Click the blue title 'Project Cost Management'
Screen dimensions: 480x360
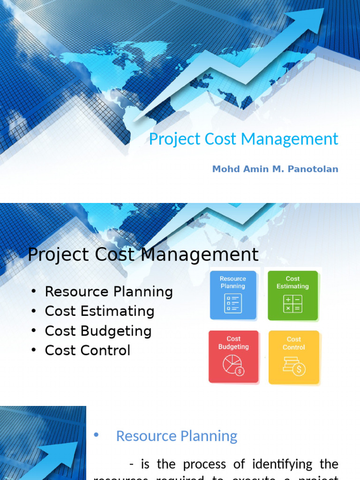coord(243,139)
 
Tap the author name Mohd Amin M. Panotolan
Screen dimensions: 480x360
coord(275,169)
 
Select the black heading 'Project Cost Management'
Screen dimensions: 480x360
coord(143,255)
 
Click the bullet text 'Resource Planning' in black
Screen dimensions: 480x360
coord(109,292)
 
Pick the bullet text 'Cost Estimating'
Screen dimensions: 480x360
coord(99,311)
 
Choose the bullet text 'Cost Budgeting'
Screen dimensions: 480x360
coord(98,331)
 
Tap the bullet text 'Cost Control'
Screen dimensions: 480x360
coord(87,351)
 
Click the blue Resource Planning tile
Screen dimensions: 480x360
coord(233,295)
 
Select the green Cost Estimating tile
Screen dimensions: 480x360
coord(292,295)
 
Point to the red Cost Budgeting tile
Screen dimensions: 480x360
coord(233,356)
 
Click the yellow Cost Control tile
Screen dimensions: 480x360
coord(294,357)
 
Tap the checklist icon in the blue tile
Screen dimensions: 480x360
coord(233,303)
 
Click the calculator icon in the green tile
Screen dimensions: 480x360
coord(292,304)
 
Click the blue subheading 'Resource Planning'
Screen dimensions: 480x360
coord(176,436)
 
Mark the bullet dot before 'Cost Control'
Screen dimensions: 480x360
coord(33,351)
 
